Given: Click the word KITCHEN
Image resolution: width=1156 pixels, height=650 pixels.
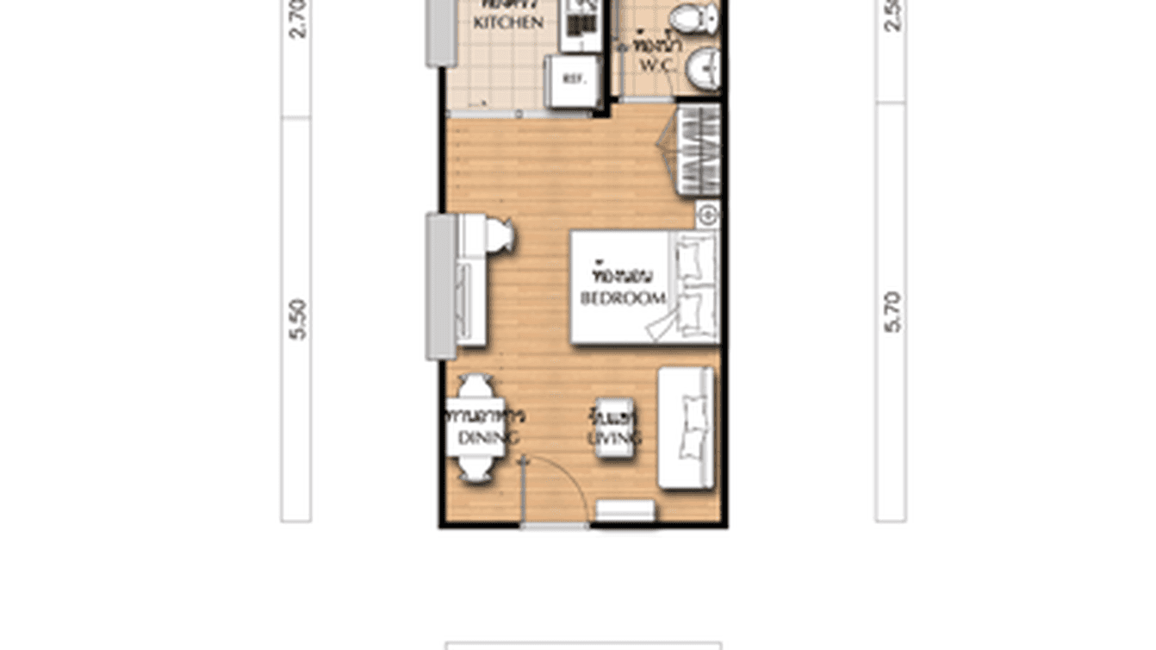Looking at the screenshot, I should click(508, 23).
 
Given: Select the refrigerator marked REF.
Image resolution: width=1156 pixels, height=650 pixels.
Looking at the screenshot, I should click(574, 79).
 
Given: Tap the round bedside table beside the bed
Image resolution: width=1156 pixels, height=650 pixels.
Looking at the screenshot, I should click(707, 215).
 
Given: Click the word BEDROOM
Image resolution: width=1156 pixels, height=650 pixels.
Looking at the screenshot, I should click(623, 299).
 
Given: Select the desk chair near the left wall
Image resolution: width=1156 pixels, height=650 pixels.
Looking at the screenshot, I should click(500, 234).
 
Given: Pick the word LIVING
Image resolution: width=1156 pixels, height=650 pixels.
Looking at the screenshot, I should click(614, 439).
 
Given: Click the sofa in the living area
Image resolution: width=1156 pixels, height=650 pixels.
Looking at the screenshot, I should click(687, 428).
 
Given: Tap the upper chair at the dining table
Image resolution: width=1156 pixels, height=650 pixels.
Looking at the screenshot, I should click(475, 385).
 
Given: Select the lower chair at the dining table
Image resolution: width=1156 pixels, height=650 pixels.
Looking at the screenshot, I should click(475, 469).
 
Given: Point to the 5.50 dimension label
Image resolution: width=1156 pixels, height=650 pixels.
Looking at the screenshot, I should click(297, 319).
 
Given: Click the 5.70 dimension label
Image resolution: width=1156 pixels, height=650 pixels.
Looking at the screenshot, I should click(892, 312).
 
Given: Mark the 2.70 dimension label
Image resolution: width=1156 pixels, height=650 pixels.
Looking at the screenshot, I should click(297, 19).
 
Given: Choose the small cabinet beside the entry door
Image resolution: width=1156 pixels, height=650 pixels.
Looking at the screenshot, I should click(626, 510).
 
